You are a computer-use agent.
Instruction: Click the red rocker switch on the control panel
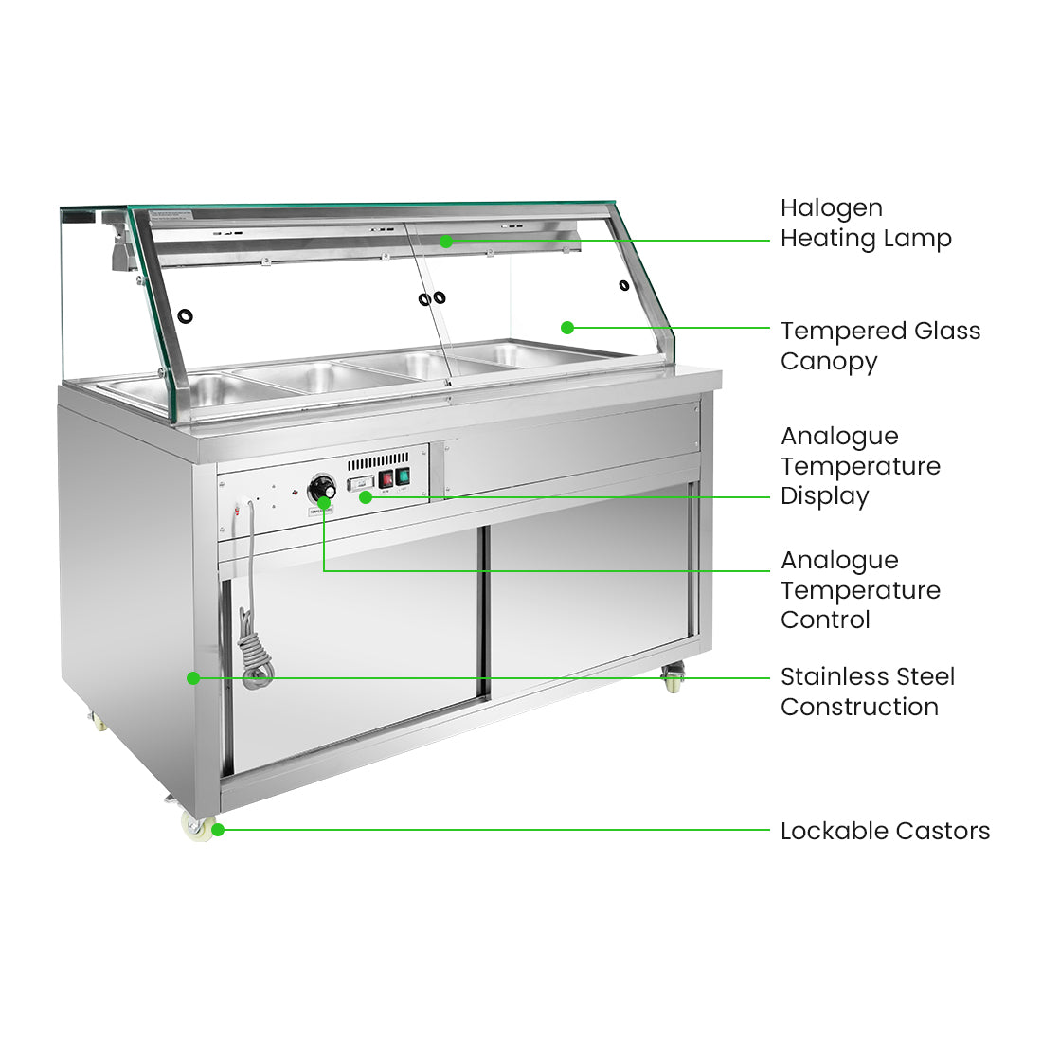tap(386, 478)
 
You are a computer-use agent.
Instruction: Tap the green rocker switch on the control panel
tap(404, 476)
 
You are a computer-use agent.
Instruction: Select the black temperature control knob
tap(323, 489)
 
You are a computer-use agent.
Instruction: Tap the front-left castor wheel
tap(199, 826)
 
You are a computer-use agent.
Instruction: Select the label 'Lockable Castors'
tap(885, 831)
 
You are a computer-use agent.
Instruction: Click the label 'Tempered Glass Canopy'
tap(880, 346)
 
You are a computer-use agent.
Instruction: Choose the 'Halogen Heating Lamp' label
tap(866, 223)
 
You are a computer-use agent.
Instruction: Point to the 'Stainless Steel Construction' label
tap(867, 692)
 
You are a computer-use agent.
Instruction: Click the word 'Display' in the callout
tap(824, 496)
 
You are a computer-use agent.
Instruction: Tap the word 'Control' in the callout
tap(825, 620)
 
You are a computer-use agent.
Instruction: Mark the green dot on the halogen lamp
tap(446, 242)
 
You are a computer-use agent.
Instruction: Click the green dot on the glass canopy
tap(567, 328)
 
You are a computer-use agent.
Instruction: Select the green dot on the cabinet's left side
tap(193, 678)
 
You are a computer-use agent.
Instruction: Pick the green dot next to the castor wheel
tap(218, 830)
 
